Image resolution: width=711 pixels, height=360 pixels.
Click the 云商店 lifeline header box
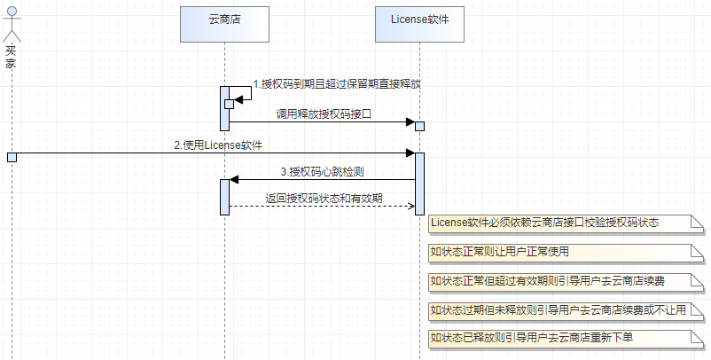[x=224, y=24]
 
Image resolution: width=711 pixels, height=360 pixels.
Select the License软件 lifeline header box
[x=419, y=24]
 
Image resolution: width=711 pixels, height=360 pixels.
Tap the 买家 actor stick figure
[x=12, y=24]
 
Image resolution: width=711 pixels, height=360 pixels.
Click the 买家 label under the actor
[x=11, y=57]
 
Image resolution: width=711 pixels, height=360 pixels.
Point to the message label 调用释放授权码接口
[x=324, y=113]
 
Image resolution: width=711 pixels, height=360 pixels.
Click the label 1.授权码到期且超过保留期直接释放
[x=337, y=84]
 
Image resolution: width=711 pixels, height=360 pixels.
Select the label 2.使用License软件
[x=218, y=145]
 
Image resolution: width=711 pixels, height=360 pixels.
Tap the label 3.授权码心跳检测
[x=322, y=172]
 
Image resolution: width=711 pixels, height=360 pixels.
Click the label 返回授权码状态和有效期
[x=324, y=198]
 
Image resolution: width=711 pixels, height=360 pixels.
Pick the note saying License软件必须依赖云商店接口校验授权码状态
[x=566, y=224]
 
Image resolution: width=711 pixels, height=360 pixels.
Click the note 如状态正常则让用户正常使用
[x=566, y=253]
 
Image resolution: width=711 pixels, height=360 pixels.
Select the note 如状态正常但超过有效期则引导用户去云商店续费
[x=566, y=282]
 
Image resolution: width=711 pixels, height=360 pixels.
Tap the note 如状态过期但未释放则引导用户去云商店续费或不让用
[x=566, y=310]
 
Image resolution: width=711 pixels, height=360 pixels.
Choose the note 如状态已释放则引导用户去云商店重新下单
[x=566, y=339]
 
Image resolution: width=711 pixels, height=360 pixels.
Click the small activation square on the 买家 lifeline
[x=12, y=157]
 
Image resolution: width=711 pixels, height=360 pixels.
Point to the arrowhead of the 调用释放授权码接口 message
[x=410, y=122]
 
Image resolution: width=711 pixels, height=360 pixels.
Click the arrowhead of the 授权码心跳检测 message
[x=234, y=179]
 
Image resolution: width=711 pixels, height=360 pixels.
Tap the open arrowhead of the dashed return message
[x=410, y=207]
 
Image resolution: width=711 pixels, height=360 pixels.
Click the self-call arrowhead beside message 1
[x=238, y=99]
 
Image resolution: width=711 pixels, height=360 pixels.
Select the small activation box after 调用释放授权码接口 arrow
[x=419, y=126]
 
